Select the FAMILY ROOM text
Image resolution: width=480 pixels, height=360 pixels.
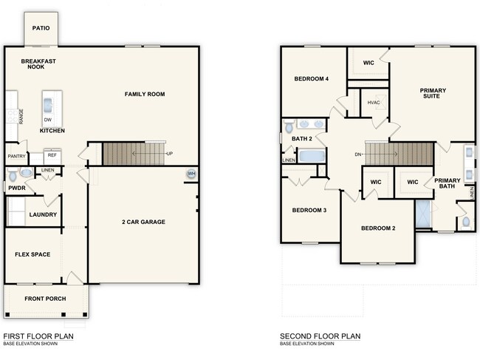(144, 94)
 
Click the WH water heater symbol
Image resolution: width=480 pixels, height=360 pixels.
(191, 174)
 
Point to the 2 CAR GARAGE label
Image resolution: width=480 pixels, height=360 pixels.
(143, 222)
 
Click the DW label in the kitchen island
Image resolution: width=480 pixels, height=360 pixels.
(48, 119)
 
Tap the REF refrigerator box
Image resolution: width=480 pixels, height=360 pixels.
(52, 155)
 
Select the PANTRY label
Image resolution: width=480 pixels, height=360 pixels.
(17, 156)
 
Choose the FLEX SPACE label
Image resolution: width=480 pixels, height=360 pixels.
(32, 254)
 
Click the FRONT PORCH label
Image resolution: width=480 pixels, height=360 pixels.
(45, 299)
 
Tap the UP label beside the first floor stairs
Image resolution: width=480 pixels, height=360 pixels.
(170, 154)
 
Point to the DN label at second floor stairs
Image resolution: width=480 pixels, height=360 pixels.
(358, 154)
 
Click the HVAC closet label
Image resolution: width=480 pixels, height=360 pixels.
(373, 103)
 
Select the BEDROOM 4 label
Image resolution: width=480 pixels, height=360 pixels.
(311, 79)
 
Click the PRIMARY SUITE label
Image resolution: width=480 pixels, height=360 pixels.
(433, 94)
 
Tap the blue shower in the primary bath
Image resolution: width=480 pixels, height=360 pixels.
(422, 215)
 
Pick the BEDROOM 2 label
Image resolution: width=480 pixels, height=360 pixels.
(377, 228)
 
